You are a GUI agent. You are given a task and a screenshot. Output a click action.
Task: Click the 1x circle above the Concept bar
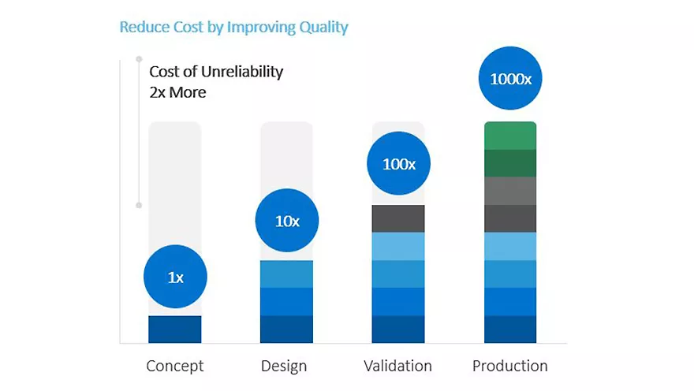175,277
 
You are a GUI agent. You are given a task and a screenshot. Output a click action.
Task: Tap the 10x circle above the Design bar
287,221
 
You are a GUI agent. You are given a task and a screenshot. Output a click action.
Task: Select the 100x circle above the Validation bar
399,164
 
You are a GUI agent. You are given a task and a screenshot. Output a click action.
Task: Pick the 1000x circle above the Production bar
511,79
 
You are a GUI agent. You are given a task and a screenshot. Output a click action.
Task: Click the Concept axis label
175,367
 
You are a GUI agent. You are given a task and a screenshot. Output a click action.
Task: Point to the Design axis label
284,367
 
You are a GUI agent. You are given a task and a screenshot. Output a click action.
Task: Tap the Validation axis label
397,367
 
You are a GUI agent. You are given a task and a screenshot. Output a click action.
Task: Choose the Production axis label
509,367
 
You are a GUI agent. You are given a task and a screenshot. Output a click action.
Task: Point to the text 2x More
177,91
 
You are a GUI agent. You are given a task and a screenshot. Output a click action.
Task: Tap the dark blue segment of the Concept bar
175,330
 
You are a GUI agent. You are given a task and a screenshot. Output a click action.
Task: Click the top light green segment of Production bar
510,136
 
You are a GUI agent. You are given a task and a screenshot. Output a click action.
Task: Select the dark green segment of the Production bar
510,163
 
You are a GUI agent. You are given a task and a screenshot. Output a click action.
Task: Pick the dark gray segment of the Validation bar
398,218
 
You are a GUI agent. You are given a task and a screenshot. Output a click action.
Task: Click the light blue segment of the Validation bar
398,246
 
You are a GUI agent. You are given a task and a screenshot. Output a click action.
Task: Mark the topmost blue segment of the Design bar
287,274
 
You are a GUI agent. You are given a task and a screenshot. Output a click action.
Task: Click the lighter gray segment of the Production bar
510,191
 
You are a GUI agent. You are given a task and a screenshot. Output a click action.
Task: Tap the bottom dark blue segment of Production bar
510,330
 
